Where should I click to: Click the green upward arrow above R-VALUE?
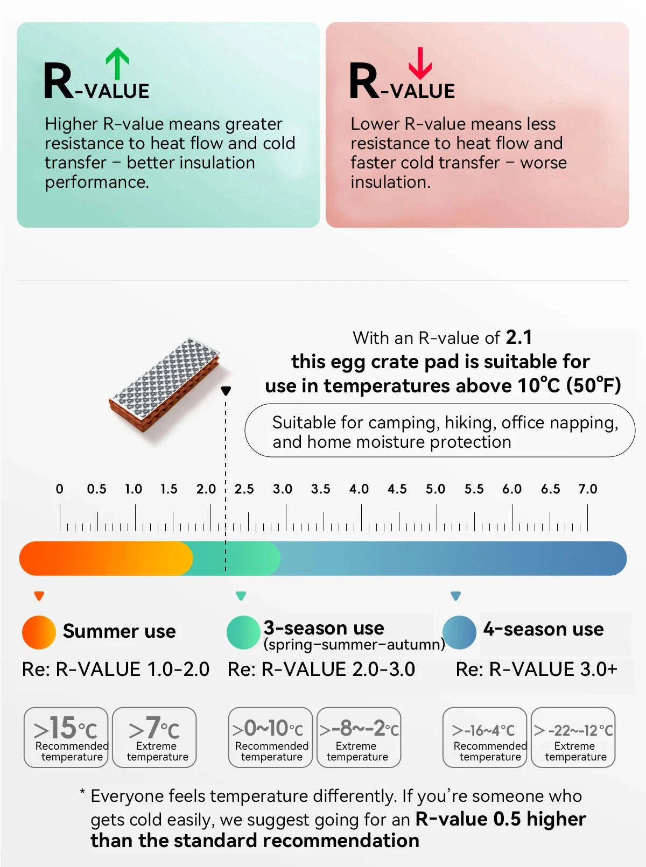click(x=117, y=64)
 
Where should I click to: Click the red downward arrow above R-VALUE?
click(x=420, y=64)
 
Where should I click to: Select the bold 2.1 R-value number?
click(x=519, y=337)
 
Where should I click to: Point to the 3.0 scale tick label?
click(x=282, y=489)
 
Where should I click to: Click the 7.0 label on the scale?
click(x=588, y=489)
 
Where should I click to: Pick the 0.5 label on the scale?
click(x=96, y=489)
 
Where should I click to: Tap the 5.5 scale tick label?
click(x=474, y=489)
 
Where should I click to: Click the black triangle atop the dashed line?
click(x=226, y=391)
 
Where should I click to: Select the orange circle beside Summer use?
click(x=39, y=632)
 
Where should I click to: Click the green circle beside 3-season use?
click(x=243, y=632)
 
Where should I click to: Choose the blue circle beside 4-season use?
click(x=459, y=632)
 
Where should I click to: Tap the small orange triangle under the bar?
click(x=39, y=596)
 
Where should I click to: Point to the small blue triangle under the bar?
click(x=455, y=596)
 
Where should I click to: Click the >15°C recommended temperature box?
click(x=66, y=737)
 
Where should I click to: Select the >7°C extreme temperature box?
click(x=154, y=737)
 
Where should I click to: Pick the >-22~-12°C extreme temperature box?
click(x=573, y=737)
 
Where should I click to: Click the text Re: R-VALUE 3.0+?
click(x=537, y=669)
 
